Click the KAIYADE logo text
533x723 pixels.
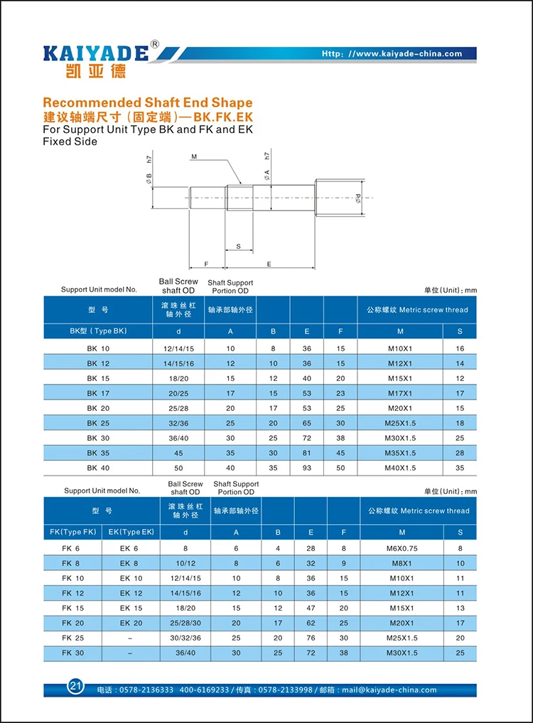96,53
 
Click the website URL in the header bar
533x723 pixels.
392,53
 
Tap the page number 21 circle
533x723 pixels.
75,686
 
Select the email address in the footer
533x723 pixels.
389,690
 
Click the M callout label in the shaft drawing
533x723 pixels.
194,157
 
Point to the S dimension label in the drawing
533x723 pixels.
238,246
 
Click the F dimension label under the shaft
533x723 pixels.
206,264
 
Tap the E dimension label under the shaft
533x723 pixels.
269,264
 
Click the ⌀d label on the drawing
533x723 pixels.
358,198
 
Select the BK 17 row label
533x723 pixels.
98,393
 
